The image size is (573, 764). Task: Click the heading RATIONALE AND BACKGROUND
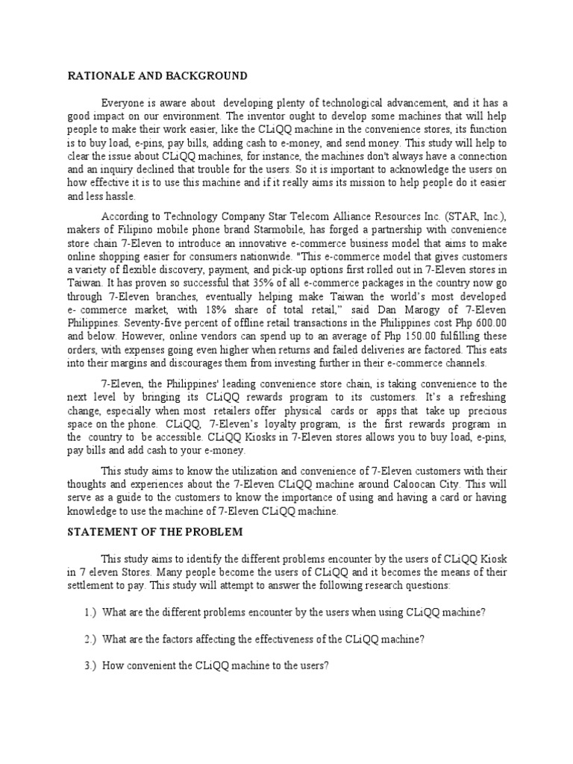tap(157, 76)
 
